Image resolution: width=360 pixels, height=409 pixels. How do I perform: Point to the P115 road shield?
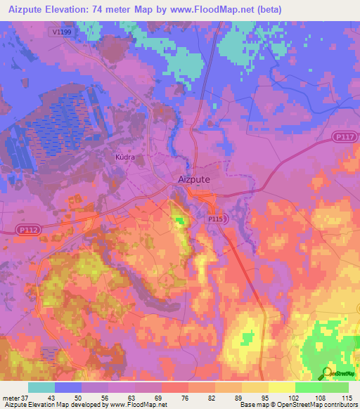[x=216, y=220]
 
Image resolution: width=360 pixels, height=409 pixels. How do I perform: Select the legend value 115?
[x=347, y=397]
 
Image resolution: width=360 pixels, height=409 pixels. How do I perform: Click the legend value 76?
[x=173, y=397]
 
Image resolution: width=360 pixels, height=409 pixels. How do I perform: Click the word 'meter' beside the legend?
[x=9, y=397]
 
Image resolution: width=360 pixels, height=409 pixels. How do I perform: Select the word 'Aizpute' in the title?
[x=22, y=9]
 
